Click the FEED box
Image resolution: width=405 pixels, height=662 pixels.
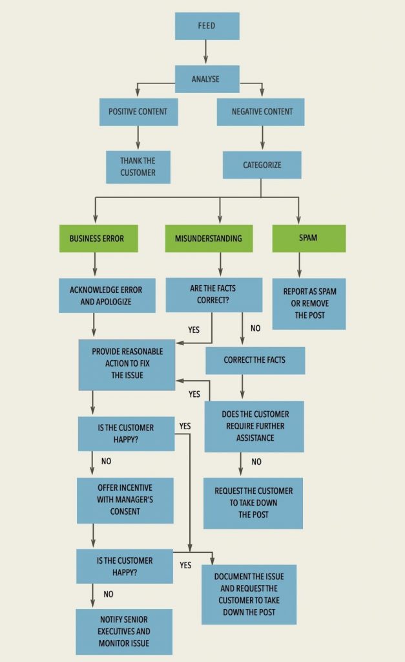207,27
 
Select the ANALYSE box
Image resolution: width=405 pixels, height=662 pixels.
207,80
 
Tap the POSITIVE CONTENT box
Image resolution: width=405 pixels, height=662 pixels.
138,112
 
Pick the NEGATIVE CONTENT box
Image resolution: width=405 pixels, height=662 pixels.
262,112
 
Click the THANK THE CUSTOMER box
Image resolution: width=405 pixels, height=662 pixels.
138,167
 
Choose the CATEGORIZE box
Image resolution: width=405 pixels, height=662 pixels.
262,165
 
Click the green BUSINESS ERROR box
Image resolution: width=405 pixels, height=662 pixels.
96,238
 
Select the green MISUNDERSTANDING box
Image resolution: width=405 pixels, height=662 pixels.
208,238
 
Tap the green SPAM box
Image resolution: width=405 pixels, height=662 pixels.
309,238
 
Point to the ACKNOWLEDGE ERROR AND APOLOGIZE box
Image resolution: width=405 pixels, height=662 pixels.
107,295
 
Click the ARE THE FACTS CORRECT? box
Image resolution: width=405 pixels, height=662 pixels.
214,295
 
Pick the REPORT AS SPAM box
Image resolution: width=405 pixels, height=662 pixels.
309,303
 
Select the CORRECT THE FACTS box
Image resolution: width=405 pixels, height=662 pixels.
254,360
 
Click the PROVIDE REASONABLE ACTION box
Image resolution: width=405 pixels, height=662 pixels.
127,365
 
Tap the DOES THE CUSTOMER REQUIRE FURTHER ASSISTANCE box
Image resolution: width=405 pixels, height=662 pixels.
254,426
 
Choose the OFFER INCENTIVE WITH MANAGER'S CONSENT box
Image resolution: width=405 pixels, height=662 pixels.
125,500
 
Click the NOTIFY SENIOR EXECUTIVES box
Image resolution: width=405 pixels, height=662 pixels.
124,632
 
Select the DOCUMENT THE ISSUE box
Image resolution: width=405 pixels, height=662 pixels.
249,594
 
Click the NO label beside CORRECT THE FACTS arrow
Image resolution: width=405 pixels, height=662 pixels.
255,328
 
